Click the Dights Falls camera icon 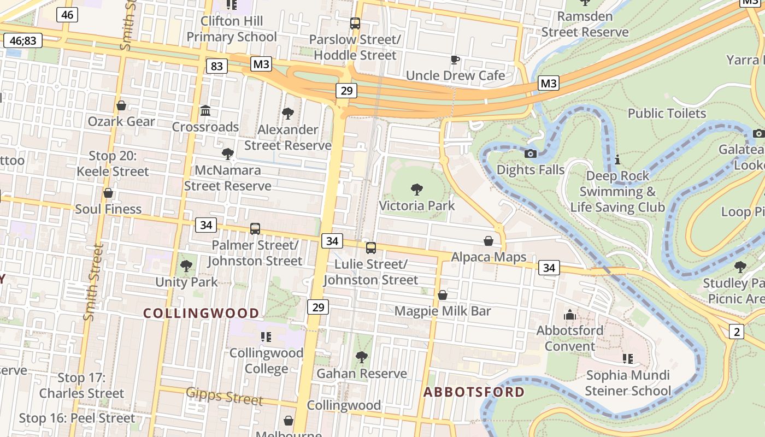(x=530, y=153)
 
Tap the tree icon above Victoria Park (x=416, y=190)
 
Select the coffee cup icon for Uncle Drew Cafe (x=455, y=60)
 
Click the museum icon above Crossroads (x=205, y=111)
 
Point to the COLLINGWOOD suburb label (x=201, y=313)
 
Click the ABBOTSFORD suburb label (x=474, y=392)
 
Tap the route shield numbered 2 (x=737, y=331)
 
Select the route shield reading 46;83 (x=23, y=40)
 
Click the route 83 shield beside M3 (x=217, y=66)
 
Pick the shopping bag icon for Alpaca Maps (x=489, y=241)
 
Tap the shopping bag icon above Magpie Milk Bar (x=443, y=295)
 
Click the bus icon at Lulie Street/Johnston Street (x=371, y=248)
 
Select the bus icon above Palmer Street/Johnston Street (x=255, y=229)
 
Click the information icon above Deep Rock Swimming (x=617, y=160)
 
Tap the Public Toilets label (x=667, y=113)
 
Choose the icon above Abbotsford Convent (x=570, y=315)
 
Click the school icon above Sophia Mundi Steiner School (x=627, y=359)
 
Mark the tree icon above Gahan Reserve (x=361, y=357)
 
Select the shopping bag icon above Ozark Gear (x=121, y=105)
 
